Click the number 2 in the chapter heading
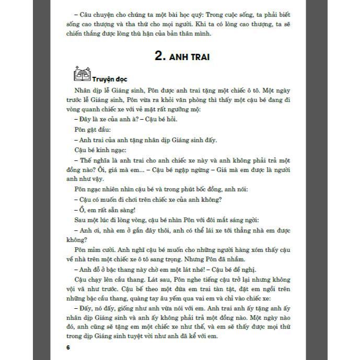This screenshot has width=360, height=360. [160, 56]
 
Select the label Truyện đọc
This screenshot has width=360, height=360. [110, 80]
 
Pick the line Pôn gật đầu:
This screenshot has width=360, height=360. [92, 129]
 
